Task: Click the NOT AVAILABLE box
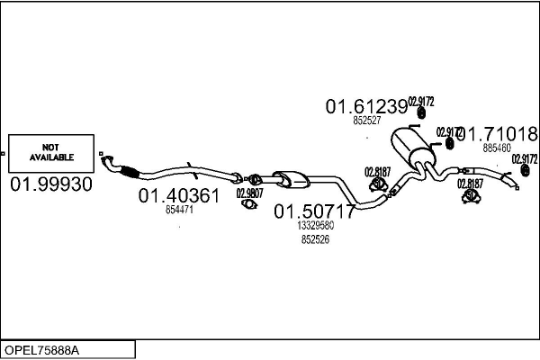point(50,152)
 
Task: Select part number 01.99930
point(50,184)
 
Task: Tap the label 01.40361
point(178,195)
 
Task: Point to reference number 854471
point(179,210)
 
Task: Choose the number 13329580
point(315,227)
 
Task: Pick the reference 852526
point(315,239)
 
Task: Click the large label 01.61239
point(366,106)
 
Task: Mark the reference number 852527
point(367,120)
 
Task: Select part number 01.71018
point(498,134)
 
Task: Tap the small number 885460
point(496,148)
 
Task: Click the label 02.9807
point(249,192)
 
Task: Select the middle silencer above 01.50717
point(290,177)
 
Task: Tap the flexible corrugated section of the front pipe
point(125,172)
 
